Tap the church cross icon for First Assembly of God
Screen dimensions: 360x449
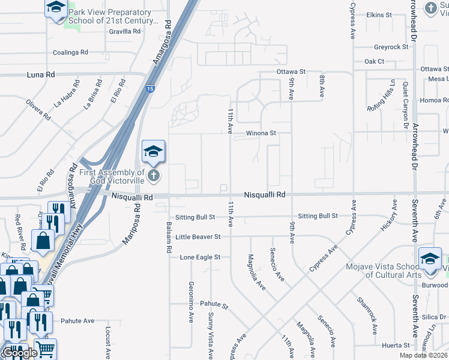(154, 175)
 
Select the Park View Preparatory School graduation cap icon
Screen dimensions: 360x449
(56, 8)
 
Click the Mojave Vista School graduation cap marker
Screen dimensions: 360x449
(430, 257)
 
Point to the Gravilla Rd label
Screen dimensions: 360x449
(124, 31)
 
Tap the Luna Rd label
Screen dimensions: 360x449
(41, 74)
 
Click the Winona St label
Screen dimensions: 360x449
(261, 133)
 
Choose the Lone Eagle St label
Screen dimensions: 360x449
(200, 257)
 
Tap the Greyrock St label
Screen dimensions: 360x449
(391, 47)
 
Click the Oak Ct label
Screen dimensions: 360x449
(374, 62)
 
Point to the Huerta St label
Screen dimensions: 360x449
(395, 346)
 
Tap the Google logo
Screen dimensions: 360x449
(20, 353)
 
